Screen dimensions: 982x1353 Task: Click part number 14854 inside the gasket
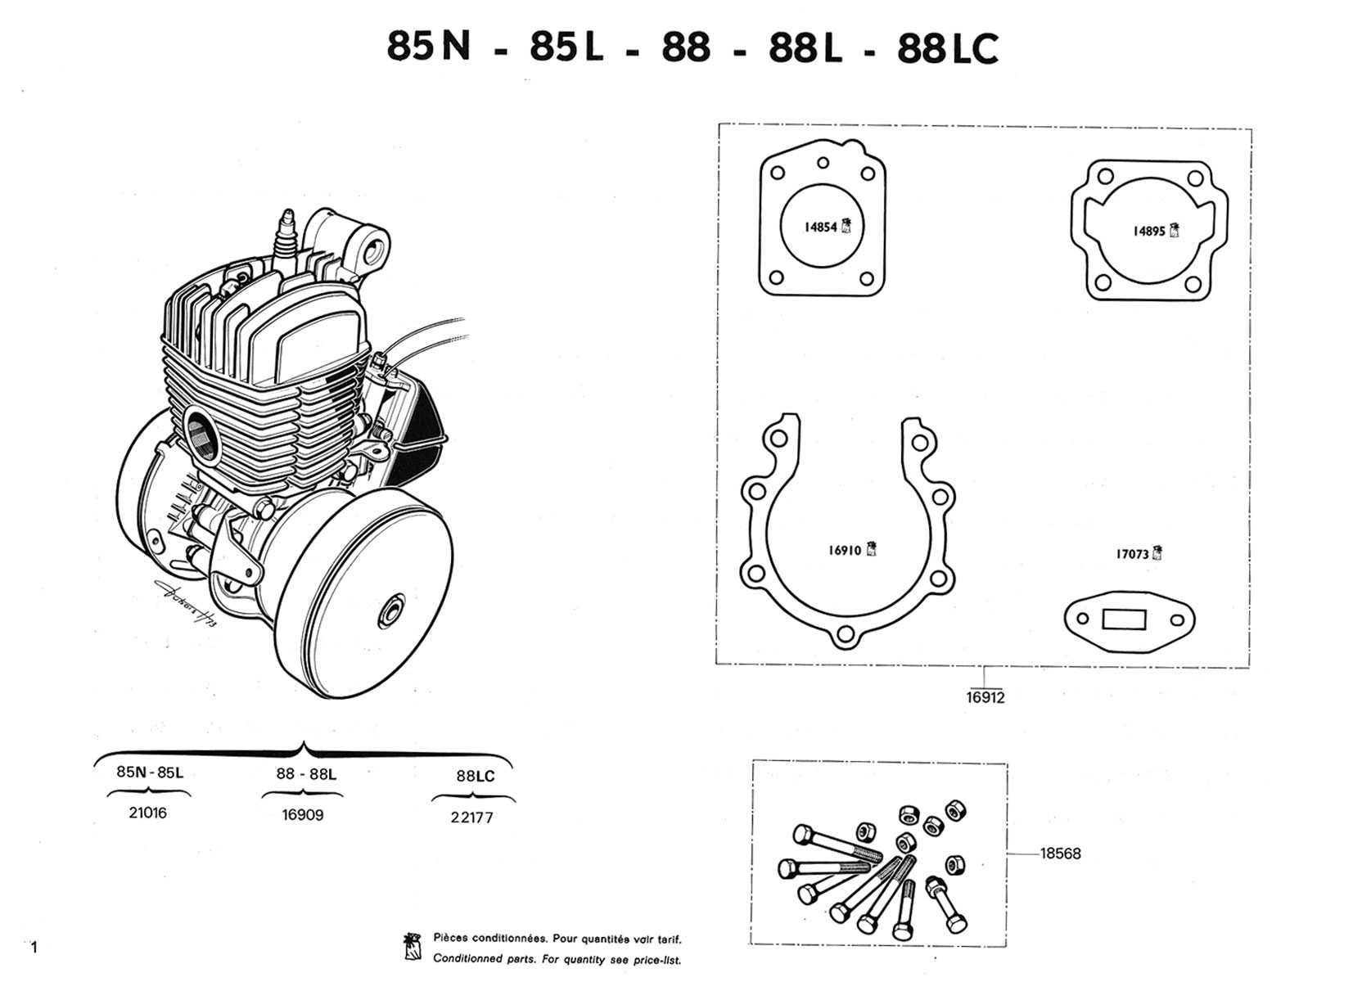819,227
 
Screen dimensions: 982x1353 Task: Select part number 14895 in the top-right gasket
1148,232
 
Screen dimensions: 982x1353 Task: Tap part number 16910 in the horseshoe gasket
845,551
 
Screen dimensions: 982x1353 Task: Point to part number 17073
1132,555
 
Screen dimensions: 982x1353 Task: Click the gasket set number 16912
985,698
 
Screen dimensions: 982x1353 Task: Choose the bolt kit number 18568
1060,854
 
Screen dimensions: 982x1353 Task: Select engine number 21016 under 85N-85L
148,813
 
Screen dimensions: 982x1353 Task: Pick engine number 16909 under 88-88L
302,815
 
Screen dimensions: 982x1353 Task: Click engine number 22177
472,817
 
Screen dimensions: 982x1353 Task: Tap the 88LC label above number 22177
475,776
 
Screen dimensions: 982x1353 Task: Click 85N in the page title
428,47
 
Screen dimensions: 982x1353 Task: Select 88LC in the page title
947,49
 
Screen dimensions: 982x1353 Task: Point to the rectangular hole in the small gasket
1124,619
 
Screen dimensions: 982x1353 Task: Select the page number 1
34,948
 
